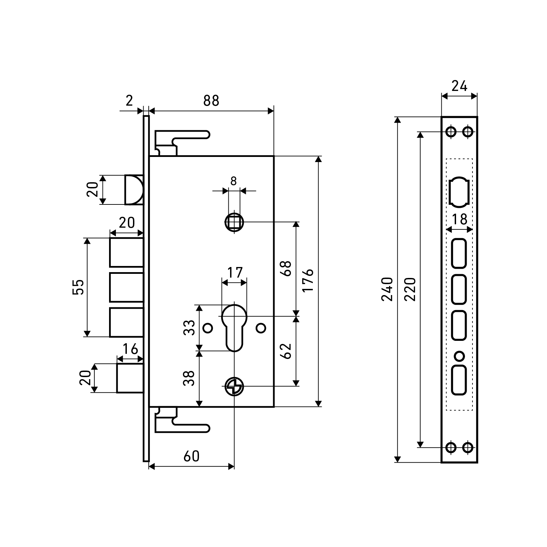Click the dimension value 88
tap(211, 101)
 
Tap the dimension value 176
tap(308, 280)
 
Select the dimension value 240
tap(387, 289)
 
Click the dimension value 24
tap(459, 86)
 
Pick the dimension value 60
tap(191, 456)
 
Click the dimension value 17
tap(235, 272)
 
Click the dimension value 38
tap(189, 378)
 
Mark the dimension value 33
tap(189, 328)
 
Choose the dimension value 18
tap(459, 219)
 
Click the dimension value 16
tap(130, 349)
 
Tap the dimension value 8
tap(234, 181)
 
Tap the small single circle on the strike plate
tap(459, 356)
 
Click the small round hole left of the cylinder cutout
tap(208, 328)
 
